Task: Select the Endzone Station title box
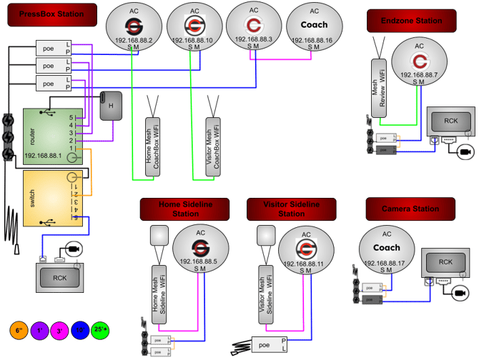(411, 21)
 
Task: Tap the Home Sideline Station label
(185, 209)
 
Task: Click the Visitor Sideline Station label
(292, 209)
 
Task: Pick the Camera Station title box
(410, 209)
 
